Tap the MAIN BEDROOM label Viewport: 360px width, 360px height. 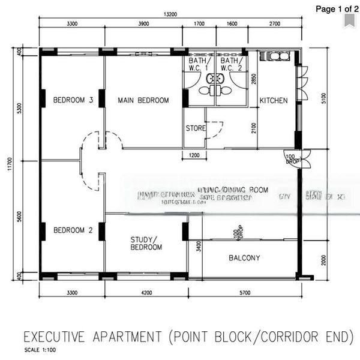click(x=143, y=100)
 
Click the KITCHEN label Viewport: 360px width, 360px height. click(x=273, y=100)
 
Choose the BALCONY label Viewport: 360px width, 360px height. click(x=244, y=259)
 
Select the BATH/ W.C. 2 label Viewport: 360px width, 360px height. click(x=231, y=64)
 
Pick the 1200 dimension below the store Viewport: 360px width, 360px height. click(x=193, y=155)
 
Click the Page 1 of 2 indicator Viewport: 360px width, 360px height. click(x=334, y=8)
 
